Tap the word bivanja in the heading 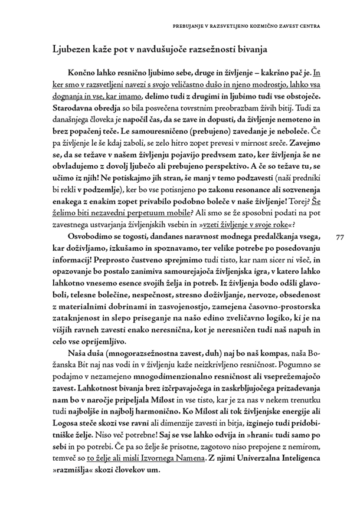tap(251, 48)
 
